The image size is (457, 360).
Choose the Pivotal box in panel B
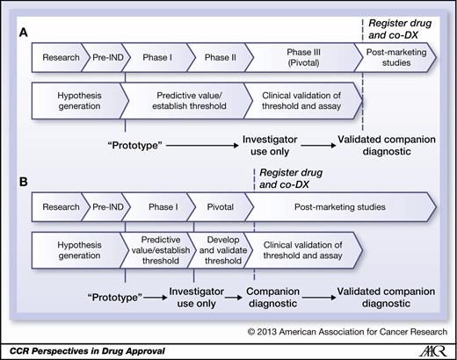(x=219, y=207)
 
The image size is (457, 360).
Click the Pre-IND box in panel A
(x=107, y=58)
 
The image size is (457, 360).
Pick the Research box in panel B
(x=60, y=207)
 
